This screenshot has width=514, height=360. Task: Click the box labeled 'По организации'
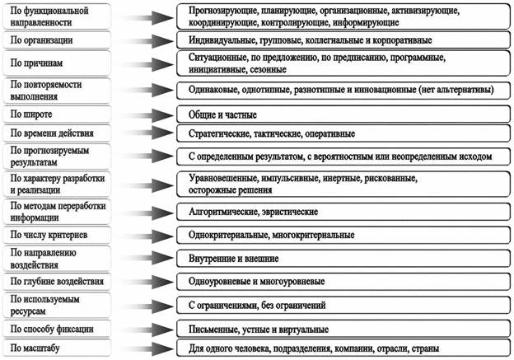click(x=58, y=39)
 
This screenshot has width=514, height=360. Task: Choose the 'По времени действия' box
click(x=58, y=132)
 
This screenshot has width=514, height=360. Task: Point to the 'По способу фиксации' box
click(x=58, y=329)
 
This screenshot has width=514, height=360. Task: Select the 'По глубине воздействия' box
click(x=58, y=282)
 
